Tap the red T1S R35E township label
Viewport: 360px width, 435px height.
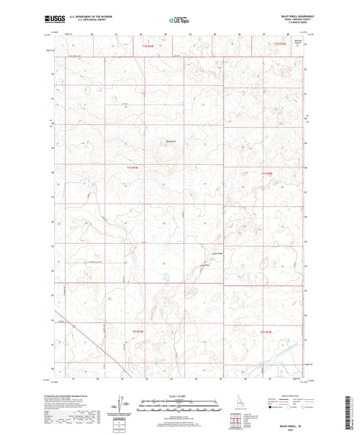tap(266, 174)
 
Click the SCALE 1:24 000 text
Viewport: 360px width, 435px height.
tap(180, 396)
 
